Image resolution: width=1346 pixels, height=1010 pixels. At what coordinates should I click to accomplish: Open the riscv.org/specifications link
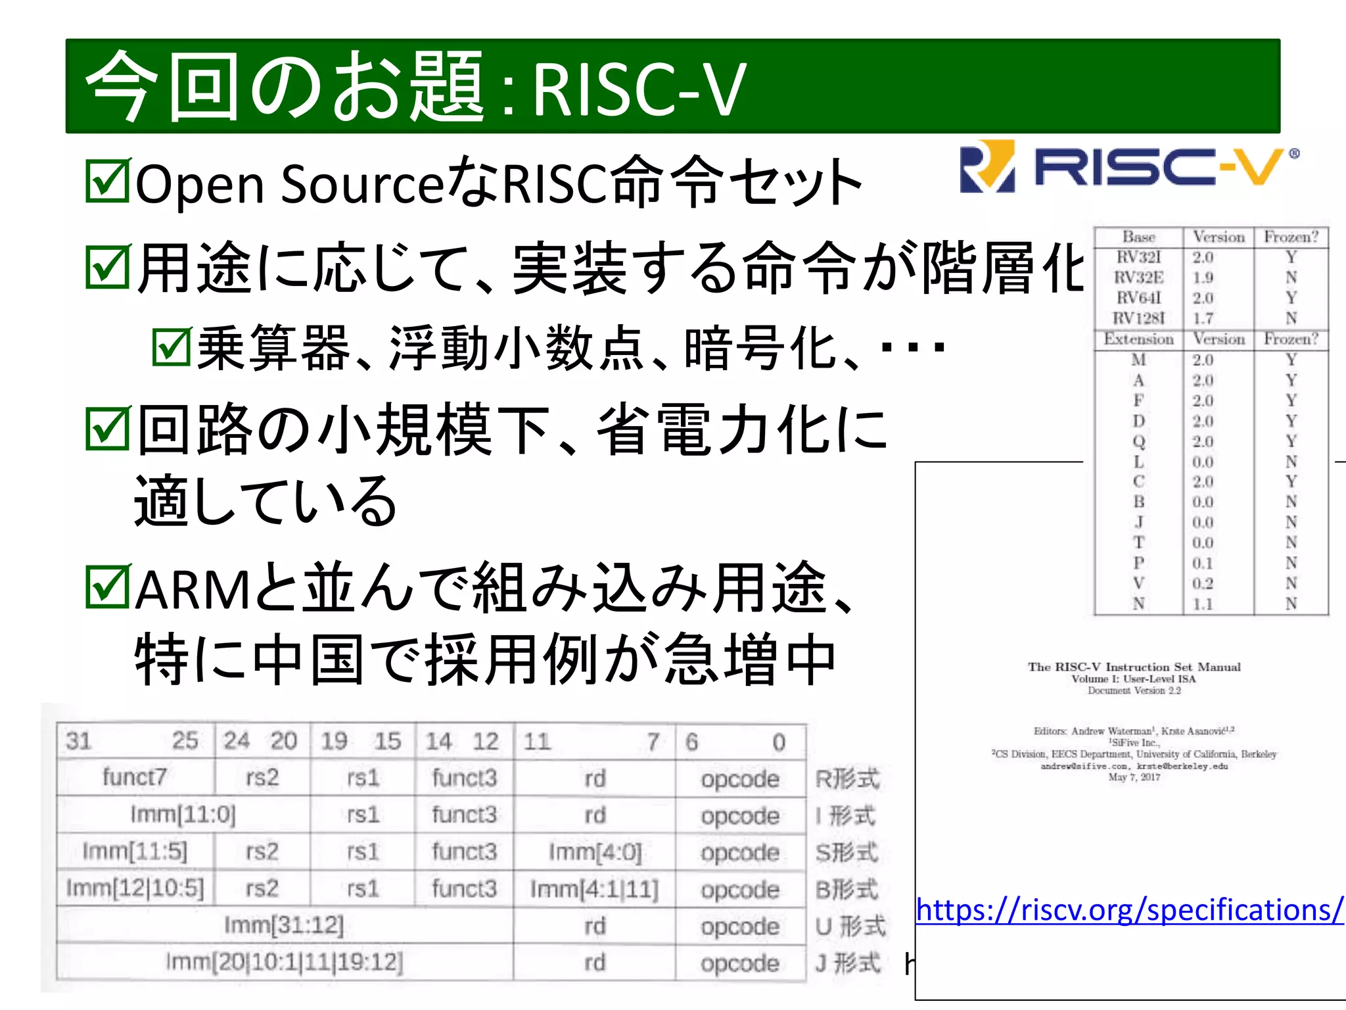(x=1129, y=910)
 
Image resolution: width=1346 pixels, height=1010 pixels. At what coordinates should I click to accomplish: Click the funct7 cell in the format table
(x=135, y=777)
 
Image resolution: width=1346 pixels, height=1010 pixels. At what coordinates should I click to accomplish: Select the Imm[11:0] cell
(x=183, y=814)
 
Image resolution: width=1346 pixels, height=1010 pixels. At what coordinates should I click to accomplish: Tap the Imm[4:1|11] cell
(x=594, y=889)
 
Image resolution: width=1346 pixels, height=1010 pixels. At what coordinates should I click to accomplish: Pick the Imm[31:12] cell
(x=284, y=925)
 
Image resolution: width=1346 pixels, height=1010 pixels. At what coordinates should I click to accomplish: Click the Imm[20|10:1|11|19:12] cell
(x=284, y=962)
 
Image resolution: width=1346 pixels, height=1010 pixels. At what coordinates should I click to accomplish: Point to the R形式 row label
(x=847, y=779)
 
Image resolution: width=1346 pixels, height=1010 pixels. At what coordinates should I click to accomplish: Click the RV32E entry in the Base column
(x=1138, y=277)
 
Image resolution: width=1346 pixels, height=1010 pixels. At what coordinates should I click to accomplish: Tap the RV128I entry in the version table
(x=1138, y=318)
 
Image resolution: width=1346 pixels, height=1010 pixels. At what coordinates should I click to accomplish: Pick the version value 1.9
(x=1203, y=277)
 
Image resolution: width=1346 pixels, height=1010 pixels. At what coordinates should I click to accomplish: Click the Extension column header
(x=1138, y=339)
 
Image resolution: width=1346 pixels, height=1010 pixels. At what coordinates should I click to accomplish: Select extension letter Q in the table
(x=1138, y=441)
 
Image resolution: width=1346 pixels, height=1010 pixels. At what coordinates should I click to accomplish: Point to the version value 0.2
(x=1203, y=583)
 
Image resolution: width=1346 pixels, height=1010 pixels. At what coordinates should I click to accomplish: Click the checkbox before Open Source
(x=108, y=180)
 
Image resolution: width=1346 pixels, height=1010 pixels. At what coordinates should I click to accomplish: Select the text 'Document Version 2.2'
(x=1134, y=690)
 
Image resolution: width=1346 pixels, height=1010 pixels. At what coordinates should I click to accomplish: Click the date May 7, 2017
(x=1134, y=777)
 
